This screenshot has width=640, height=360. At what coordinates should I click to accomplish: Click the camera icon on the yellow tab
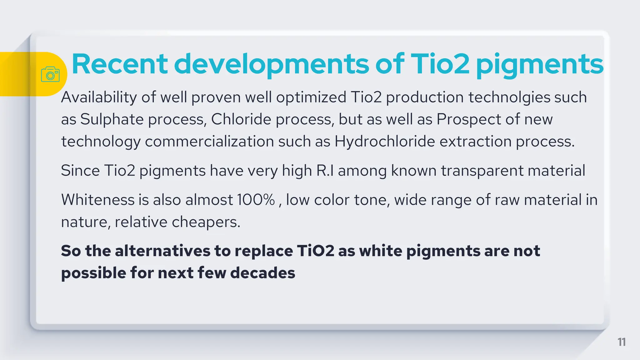[50, 74]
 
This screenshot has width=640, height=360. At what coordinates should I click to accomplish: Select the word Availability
[99, 97]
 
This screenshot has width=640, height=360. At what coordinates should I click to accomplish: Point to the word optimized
[311, 97]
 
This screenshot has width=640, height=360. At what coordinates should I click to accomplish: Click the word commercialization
[209, 142]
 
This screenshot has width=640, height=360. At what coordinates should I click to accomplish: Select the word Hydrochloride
[385, 142]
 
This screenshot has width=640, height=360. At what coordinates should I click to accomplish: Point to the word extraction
[475, 142]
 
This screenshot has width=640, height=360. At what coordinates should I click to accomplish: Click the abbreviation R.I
[325, 171]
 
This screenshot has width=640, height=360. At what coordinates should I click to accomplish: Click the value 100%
[256, 200]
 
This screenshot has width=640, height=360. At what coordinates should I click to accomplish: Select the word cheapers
[206, 222]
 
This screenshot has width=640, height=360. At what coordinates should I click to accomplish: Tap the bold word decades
[262, 273]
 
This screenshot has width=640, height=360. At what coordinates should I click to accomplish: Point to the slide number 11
[622, 342]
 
